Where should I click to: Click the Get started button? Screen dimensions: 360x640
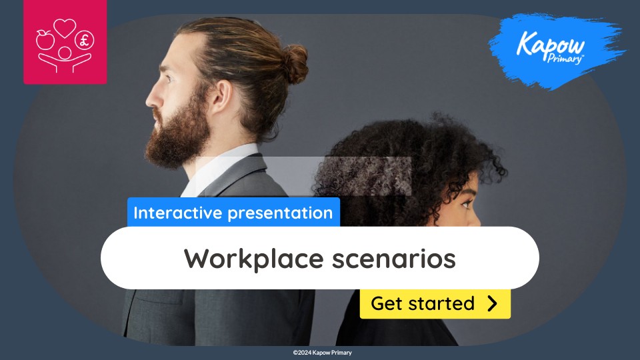pos(435,304)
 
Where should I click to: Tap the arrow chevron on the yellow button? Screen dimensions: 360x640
pos(492,304)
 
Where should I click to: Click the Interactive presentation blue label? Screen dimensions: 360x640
pos(233,213)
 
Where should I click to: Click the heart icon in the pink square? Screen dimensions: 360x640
pos(65,29)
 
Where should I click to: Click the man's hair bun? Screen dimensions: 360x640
pos(293,64)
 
